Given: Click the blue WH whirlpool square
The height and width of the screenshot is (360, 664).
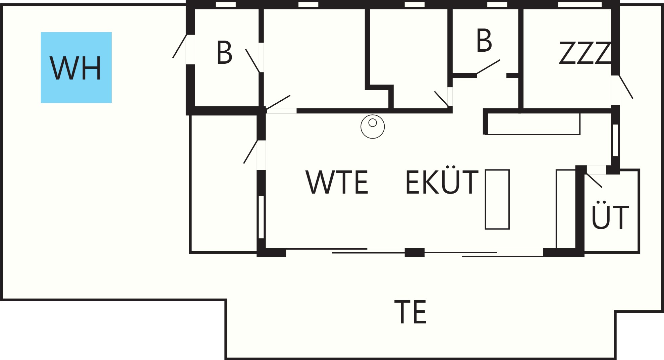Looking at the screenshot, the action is [x=76, y=67].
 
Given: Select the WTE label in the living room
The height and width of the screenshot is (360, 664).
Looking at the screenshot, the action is [x=337, y=182].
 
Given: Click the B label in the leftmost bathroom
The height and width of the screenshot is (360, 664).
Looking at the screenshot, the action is [x=224, y=53].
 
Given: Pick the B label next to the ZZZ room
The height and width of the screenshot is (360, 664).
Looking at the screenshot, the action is [x=484, y=41].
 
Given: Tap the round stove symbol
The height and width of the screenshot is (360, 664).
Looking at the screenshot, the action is [x=373, y=126].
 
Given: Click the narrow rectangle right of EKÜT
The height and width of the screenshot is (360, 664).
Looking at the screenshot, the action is [x=497, y=199].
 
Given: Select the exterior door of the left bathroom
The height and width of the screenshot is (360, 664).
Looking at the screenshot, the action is [x=180, y=46].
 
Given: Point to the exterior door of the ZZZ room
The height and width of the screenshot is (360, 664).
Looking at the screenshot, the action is [x=626, y=87].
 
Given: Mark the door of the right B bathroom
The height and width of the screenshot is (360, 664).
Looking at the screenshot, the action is [x=488, y=67].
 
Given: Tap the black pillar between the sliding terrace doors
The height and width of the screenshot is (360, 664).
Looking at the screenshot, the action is [x=414, y=253].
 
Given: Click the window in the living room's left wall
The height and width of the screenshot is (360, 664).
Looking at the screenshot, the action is [x=261, y=217].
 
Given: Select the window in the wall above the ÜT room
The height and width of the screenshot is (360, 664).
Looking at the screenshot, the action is [x=615, y=140].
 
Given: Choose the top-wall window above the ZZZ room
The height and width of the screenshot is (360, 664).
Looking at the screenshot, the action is [x=580, y=5].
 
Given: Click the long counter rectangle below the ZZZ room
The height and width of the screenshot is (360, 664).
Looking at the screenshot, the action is [x=533, y=124].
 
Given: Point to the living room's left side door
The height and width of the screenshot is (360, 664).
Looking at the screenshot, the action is [x=251, y=152].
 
